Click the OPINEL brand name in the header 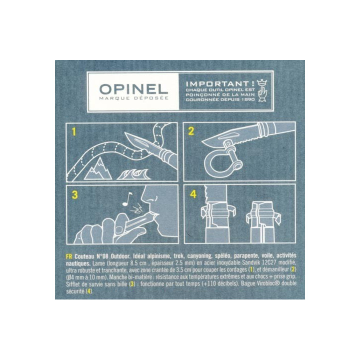tap(133, 89)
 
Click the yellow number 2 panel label tap(191, 132)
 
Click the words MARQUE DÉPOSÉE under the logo tap(133, 99)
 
